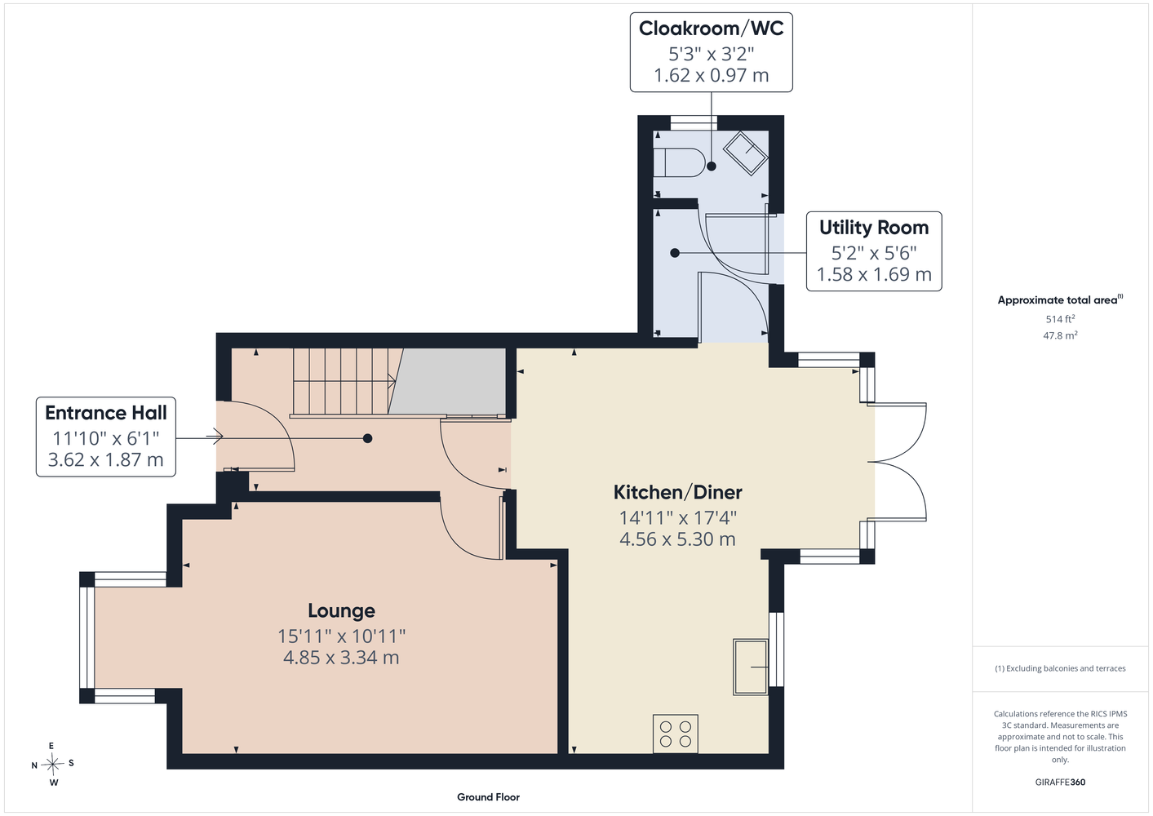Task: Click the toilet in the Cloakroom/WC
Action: pyautogui.click(x=679, y=162)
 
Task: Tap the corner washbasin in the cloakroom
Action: pyautogui.click(x=746, y=153)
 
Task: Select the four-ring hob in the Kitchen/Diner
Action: pyautogui.click(x=676, y=734)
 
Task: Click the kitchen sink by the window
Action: pyautogui.click(x=751, y=667)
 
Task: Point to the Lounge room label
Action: pyautogui.click(x=341, y=610)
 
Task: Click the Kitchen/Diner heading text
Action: pyautogui.click(x=677, y=492)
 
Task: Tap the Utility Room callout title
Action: pyautogui.click(x=874, y=227)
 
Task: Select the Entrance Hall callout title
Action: pyautogui.click(x=106, y=412)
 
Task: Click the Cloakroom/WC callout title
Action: pyautogui.click(x=712, y=29)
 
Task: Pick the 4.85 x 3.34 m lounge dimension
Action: pyautogui.click(x=341, y=658)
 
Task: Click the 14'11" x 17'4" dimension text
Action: pyautogui.click(x=677, y=517)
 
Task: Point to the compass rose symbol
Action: pyautogui.click(x=52, y=764)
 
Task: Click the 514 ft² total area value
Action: pyautogui.click(x=1060, y=319)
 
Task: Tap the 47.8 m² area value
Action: pyautogui.click(x=1060, y=335)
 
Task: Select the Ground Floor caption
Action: pyautogui.click(x=488, y=797)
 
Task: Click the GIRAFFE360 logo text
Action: pyautogui.click(x=1060, y=782)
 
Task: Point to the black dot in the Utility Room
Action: pyautogui.click(x=675, y=253)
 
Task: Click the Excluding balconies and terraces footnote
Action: pyautogui.click(x=1060, y=668)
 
